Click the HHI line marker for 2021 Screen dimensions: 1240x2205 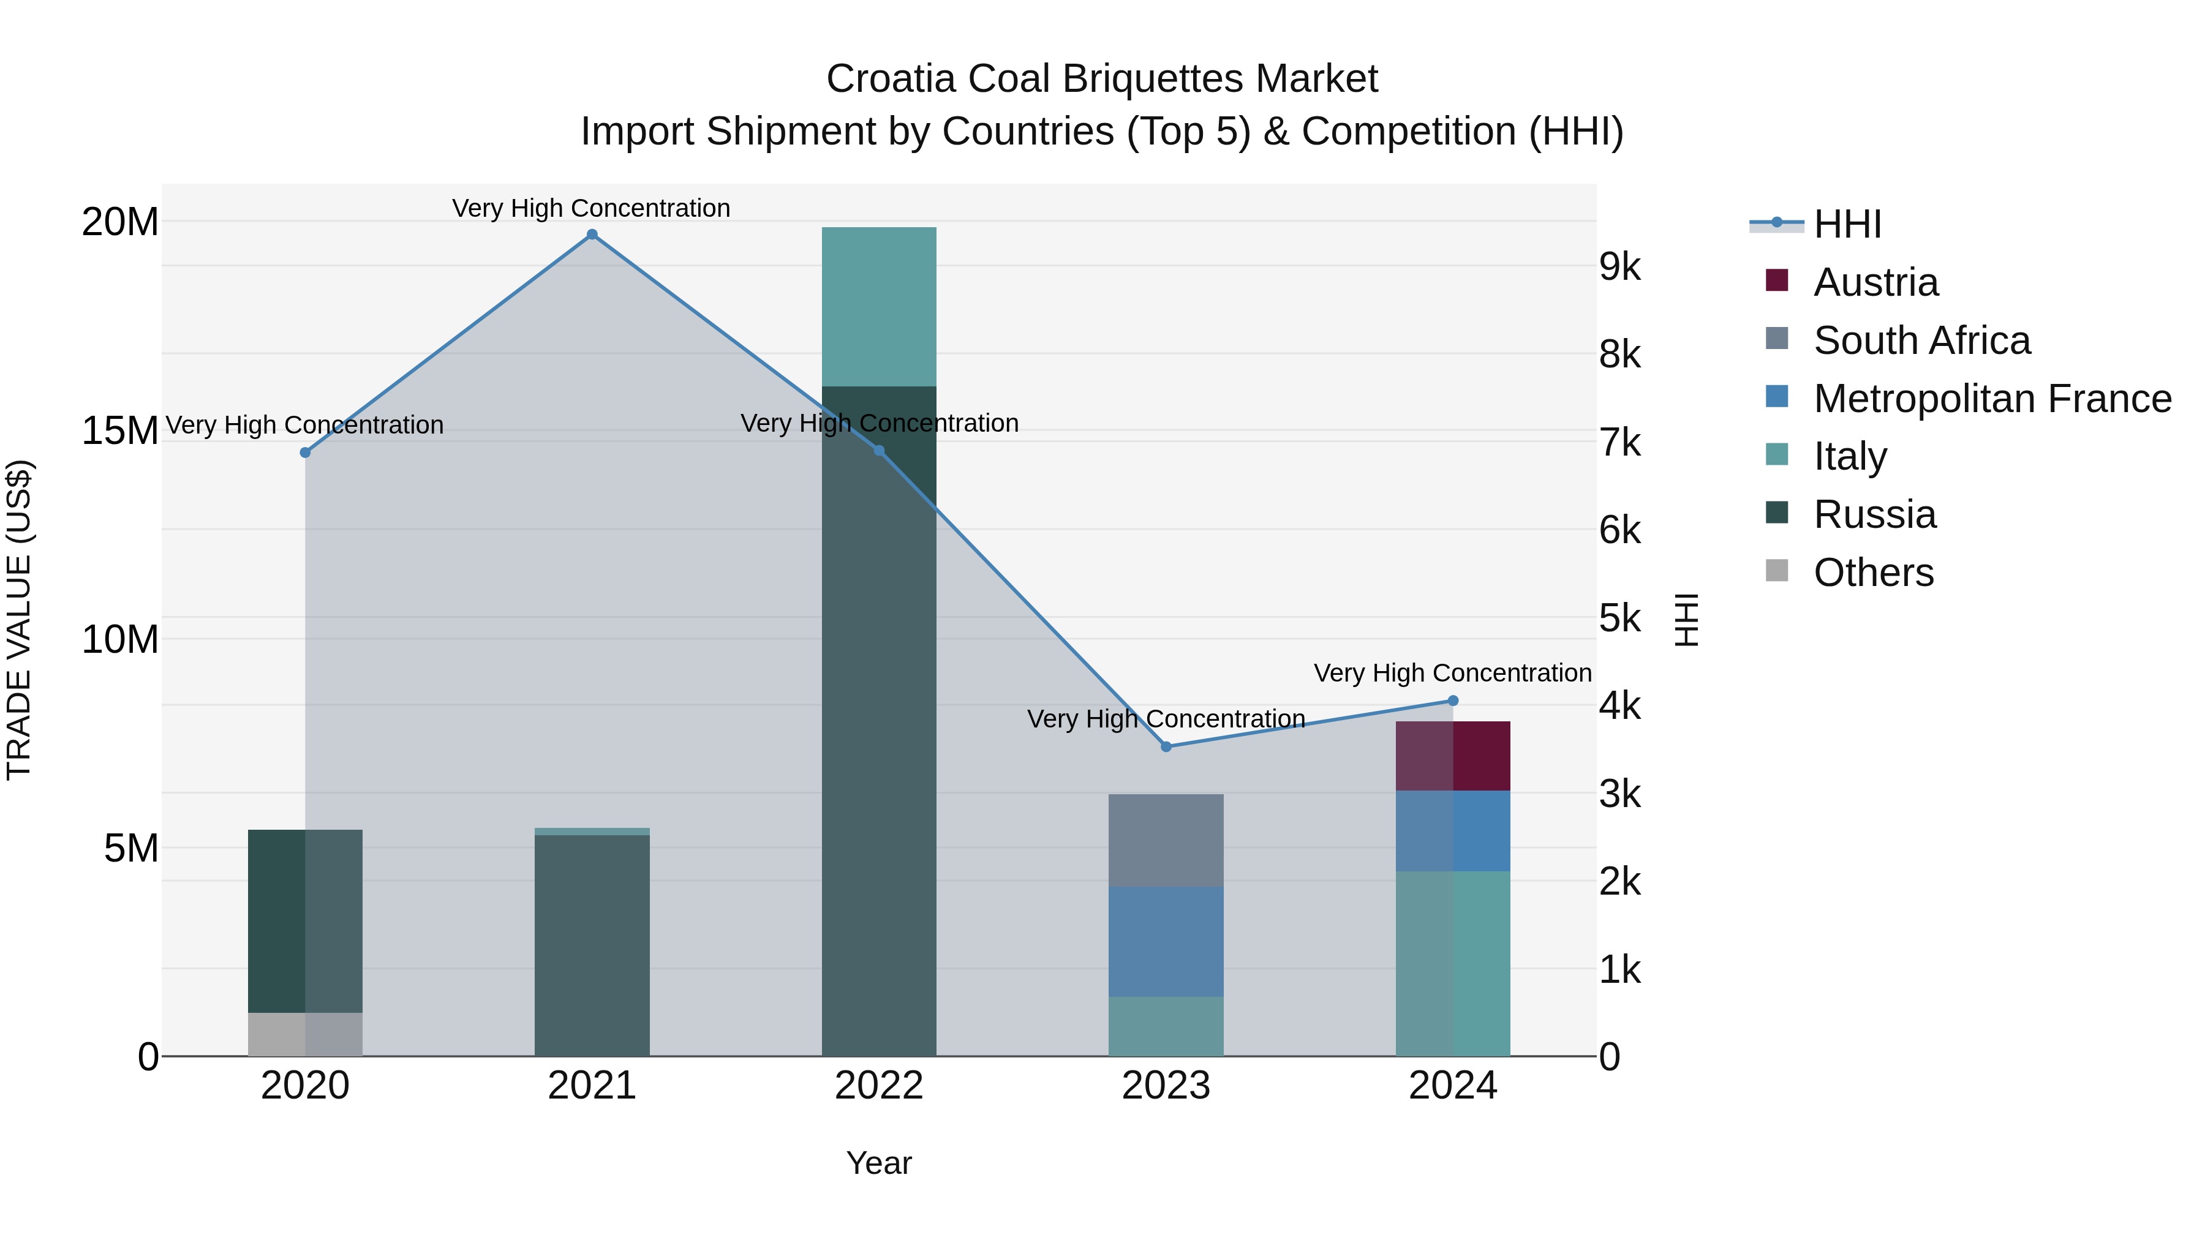pos(592,235)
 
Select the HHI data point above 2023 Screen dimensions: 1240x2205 pos(1166,746)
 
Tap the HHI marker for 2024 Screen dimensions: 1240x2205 pos(1453,701)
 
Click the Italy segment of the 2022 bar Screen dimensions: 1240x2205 pos(879,306)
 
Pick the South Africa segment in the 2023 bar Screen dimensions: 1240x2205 pos(1166,840)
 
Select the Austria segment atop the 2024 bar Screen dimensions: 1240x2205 pos(1453,756)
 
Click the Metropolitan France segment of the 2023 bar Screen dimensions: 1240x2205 pos(1166,941)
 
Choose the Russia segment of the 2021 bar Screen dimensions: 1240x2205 pos(592,945)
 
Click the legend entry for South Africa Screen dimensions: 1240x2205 pos(1921,340)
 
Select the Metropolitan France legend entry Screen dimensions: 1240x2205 pos(1992,399)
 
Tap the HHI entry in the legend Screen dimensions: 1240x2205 pos(1847,224)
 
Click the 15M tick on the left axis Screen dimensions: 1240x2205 pos(120,430)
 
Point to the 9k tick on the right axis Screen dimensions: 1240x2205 pos(1619,267)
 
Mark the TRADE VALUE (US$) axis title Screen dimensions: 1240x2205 pos(19,620)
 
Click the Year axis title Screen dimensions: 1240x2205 pos(879,1163)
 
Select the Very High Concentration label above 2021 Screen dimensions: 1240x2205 pos(592,208)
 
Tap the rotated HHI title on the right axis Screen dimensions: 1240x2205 pos(1686,620)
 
